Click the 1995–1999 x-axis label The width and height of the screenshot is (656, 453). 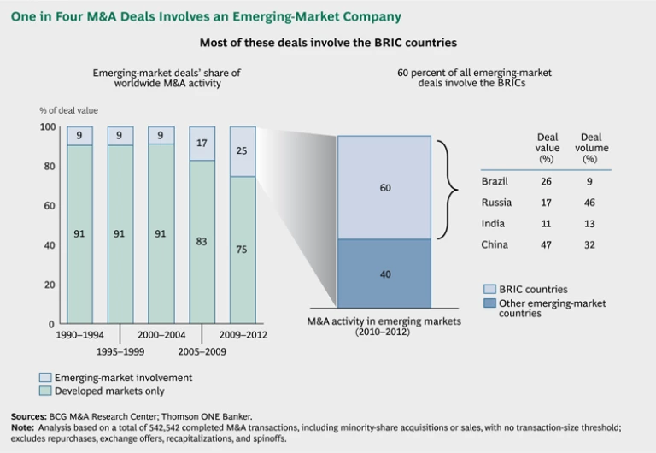tap(119, 351)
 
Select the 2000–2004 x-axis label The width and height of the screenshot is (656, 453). tap(162, 336)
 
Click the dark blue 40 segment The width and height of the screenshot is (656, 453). tap(384, 274)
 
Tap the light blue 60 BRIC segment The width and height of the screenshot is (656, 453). tap(384, 187)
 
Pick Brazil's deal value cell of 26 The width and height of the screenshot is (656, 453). tap(548, 181)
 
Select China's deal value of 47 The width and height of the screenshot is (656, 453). tap(548, 244)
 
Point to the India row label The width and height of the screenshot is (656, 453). tap(493, 224)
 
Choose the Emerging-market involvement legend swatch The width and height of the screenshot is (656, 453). tap(45, 377)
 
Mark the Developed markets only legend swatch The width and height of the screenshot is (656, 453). tap(45, 390)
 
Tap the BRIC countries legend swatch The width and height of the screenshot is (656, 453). tap(489, 290)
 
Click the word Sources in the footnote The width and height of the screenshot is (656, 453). tap(29, 417)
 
